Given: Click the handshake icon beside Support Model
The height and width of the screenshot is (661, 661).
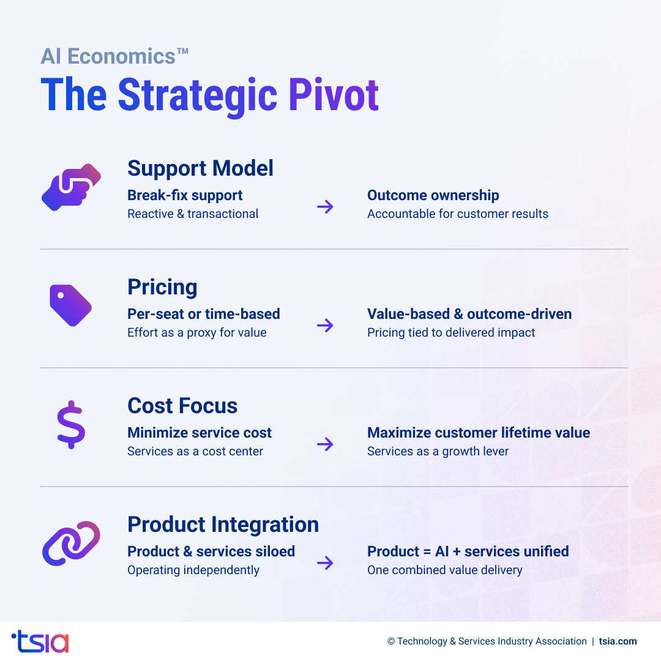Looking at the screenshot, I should [x=71, y=187].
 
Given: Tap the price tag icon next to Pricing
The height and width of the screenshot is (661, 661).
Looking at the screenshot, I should [x=70, y=305].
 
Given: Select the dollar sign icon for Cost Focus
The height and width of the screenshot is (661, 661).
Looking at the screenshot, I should [x=71, y=424].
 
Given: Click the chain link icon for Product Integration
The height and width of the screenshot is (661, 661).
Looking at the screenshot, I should [x=71, y=543].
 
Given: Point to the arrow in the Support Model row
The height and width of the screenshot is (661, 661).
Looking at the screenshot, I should [x=325, y=207].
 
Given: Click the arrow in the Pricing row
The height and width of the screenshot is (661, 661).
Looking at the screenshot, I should [x=325, y=326].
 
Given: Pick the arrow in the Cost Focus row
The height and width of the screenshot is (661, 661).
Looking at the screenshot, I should [x=325, y=444].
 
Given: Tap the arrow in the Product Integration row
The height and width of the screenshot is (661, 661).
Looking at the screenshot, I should [x=325, y=563].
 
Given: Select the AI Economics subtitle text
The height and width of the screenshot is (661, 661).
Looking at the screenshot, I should [x=114, y=56].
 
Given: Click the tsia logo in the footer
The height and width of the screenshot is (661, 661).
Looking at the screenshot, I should [x=40, y=641].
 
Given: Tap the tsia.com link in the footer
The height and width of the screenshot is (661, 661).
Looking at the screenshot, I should [x=618, y=641].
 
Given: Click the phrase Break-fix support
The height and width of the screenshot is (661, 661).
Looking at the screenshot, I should [x=185, y=195].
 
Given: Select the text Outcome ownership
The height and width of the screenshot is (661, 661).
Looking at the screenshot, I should [x=433, y=195].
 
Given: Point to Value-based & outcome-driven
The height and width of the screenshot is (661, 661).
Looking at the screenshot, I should [x=469, y=314].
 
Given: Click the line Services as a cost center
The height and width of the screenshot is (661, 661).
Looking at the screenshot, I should [x=195, y=451].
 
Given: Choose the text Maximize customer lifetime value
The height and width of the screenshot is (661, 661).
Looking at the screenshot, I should [x=478, y=433].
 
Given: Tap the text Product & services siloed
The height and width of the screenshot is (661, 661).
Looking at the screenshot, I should [x=211, y=551].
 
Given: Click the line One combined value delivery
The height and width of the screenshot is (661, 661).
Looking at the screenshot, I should [x=444, y=570].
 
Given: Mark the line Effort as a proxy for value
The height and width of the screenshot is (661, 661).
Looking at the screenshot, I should [x=196, y=332].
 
